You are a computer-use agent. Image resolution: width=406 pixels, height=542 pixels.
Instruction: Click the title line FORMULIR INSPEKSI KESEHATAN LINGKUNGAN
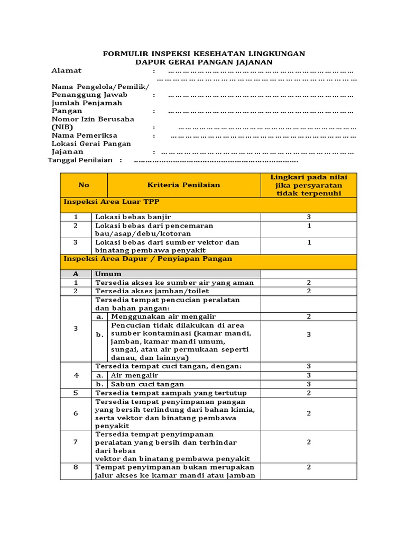coord(204,54)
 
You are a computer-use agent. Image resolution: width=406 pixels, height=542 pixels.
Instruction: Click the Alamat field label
coord(67,71)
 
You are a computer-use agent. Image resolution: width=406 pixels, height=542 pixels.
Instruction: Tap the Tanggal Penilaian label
coord(80,160)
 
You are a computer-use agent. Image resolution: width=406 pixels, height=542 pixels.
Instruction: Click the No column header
coord(84,185)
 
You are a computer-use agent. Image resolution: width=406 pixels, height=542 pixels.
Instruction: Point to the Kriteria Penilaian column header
coord(183,185)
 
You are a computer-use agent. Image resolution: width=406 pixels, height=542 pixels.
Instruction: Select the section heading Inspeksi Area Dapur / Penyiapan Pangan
coord(147,259)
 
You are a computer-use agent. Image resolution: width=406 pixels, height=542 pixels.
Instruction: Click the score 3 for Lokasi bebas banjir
coord(309,217)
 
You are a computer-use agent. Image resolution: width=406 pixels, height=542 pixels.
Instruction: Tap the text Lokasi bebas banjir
coord(133,217)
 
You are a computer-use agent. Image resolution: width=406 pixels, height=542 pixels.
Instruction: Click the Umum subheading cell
coord(108,274)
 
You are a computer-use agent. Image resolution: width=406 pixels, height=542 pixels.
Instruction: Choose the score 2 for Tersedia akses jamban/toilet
coord(309,291)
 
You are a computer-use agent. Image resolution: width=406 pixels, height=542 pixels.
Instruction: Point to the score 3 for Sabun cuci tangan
coord(309,384)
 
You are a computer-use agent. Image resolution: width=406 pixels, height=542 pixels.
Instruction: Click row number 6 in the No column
coord(76,413)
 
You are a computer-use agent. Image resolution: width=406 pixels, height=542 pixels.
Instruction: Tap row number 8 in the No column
coord(76,467)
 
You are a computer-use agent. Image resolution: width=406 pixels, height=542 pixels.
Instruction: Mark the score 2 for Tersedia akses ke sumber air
coord(309,283)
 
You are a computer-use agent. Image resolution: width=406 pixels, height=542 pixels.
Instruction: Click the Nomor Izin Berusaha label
coord(93,119)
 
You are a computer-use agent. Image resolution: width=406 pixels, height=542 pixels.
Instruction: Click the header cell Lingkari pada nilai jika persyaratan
coord(309,185)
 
